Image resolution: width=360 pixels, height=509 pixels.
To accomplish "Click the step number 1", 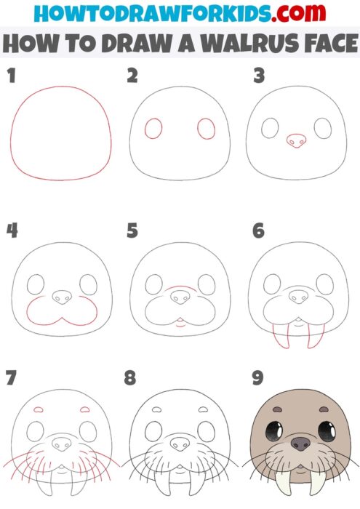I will coord(10,76).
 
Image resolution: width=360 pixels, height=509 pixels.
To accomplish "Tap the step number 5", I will coord(132,231).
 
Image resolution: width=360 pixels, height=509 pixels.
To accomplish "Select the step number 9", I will coord(257,378).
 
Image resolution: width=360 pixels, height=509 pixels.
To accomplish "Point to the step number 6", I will coord(257,231).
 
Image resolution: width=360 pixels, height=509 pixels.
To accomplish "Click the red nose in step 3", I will coord(296,140).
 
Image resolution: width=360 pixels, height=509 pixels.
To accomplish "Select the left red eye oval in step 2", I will coord(153,129).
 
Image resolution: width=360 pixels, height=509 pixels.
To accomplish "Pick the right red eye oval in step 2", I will coord(207,129).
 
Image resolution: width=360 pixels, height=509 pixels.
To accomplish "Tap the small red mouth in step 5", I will coord(179,324).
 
